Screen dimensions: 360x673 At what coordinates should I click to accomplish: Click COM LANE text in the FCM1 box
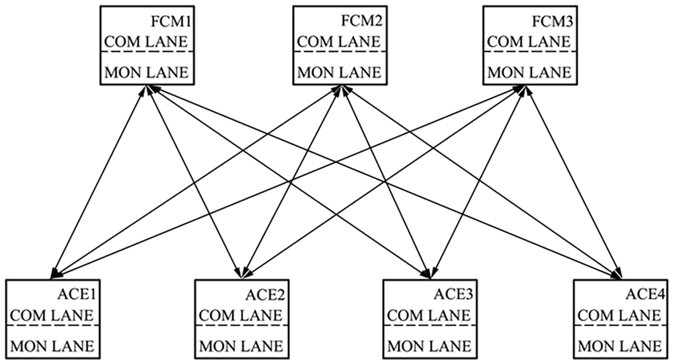(147, 42)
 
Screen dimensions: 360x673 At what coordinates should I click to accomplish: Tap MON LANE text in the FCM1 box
(147, 72)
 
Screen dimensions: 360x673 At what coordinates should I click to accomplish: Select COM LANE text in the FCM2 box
(338, 42)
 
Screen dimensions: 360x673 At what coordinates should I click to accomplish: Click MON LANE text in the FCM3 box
(529, 72)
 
